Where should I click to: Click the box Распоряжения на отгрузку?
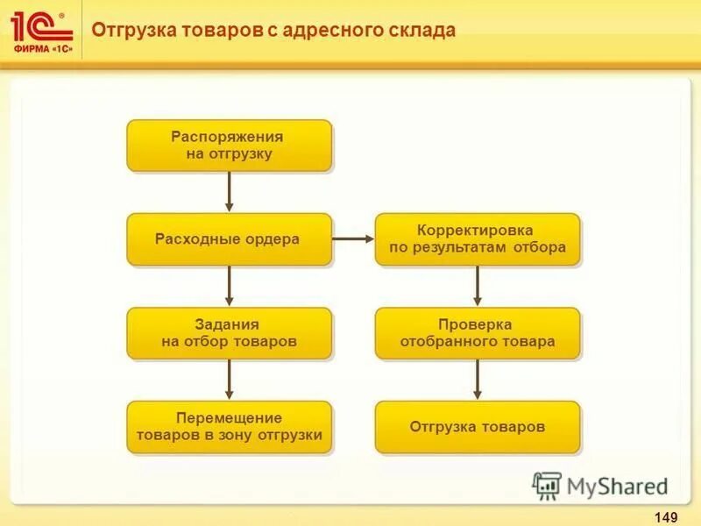229,146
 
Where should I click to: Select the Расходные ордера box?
229,239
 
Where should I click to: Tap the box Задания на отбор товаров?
229,333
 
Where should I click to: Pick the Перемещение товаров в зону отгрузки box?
229,427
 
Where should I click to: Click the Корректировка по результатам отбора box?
478,239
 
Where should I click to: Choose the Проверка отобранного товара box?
478,333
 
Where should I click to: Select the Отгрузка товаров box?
478,427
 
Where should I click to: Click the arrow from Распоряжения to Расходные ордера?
230,191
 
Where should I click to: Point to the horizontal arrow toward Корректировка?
353,238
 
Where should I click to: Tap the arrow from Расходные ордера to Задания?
230,285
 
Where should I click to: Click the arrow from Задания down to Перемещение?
230,379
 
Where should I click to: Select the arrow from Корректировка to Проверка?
478,285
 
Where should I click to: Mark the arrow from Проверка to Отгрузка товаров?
478,379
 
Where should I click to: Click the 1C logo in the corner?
39,25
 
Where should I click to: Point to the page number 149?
665,515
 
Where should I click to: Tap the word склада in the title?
424,31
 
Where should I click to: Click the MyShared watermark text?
618,486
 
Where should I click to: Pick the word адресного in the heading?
338,31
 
